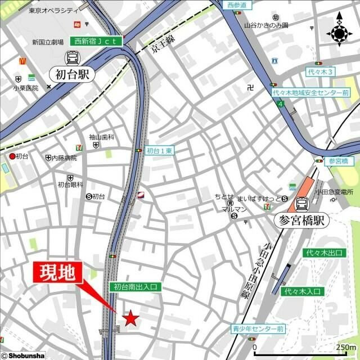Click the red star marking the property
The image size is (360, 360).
[131, 318]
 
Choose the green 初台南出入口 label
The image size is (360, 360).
[135, 287]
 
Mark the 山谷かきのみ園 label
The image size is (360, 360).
[266, 25]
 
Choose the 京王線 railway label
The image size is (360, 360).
[162, 48]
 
